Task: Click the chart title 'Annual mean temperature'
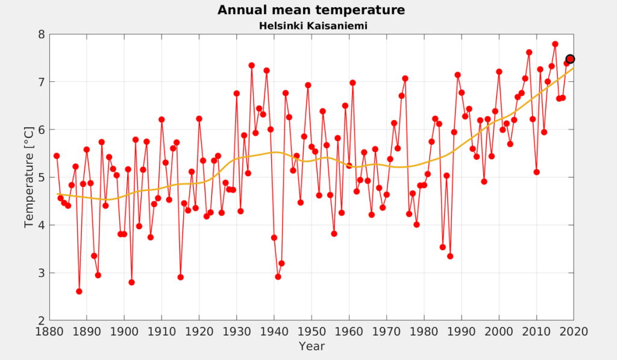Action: coord(311,10)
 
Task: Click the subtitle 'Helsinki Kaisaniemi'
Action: coord(313,26)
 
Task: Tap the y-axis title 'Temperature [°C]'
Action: coord(29,177)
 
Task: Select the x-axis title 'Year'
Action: coord(312,346)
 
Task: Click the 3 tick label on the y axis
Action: coord(42,273)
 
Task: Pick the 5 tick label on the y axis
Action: coord(42,178)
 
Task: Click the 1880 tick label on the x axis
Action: coord(49,332)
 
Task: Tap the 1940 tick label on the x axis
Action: coord(274,332)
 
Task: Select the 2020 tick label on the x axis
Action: coord(574,332)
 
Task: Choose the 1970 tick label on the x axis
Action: coord(386,332)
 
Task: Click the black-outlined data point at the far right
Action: coord(570,59)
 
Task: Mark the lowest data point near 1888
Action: coord(79,291)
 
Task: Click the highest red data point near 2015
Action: coord(555,44)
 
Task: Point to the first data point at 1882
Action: coord(57,156)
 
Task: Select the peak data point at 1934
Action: coord(251,65)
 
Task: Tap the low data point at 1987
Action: coord(450,256)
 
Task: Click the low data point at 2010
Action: coord(536,172)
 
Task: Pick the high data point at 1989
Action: coord(458,75)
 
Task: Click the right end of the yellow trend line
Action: coord(574,68)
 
